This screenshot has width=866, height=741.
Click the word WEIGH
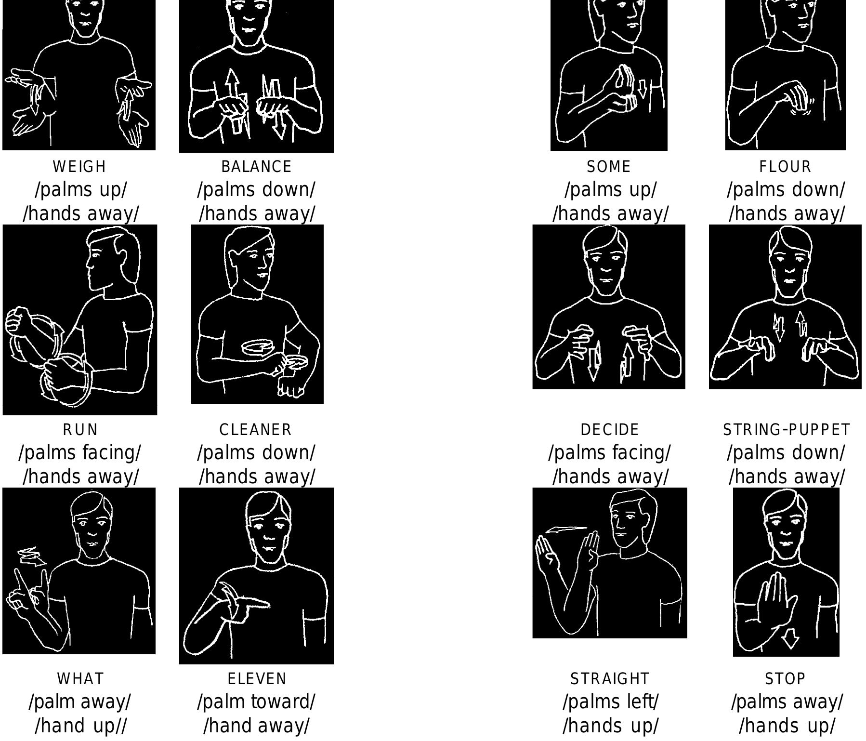point(79,167)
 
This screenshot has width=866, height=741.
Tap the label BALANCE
point(256,167)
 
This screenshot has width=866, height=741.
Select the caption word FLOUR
point(785,167)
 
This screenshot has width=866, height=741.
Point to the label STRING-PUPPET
point(787,430)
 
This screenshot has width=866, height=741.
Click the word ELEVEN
point(257,679)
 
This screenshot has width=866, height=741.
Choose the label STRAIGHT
point(610,679)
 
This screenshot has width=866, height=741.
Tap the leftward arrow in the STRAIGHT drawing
point(564,530)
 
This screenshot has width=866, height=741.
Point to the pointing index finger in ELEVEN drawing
point(255,604)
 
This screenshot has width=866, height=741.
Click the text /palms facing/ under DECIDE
point(609,453)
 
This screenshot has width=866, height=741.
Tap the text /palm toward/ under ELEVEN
point(256,702)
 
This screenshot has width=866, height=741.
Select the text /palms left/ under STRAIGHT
point(610,702)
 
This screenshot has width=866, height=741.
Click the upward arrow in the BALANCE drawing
point(233,87)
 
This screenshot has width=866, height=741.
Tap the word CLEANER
point(256,430)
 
